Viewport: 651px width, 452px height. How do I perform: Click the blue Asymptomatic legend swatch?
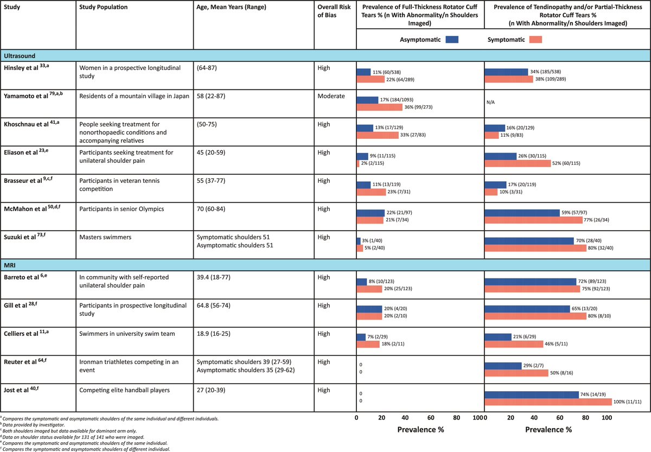tap(452, 40)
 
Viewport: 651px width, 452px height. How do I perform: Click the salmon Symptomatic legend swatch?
tap(535, 40)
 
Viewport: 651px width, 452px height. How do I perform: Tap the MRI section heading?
tap(10, 265)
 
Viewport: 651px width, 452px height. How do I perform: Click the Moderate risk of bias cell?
tap(331, 96)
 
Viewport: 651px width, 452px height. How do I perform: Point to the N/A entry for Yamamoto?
tap(490, 102)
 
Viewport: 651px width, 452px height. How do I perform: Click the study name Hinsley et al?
tap(21, 68)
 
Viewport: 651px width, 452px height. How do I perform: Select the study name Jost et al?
tap(16, 390)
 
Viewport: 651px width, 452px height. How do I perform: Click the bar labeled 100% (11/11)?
tap(548, 402)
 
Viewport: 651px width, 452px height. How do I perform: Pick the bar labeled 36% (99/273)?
tap(380, 107)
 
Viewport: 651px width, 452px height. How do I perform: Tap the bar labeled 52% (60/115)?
tap(518, 163)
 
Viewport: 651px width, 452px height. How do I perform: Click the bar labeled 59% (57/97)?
tap(522, 213)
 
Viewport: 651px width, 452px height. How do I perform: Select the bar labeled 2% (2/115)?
tap(358, 163)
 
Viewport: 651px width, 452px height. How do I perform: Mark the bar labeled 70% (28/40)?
tap(529, 241)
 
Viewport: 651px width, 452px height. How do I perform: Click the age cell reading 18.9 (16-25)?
tap(214, 334)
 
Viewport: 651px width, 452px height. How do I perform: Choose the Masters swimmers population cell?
tap(105, 237)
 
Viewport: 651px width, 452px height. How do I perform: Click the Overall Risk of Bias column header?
tap(334, 11)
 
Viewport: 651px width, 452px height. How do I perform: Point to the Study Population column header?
tap(104, 7)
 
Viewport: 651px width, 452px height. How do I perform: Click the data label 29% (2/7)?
tap(533, 365)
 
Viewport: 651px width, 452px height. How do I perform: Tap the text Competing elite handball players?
tap(124, 390)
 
